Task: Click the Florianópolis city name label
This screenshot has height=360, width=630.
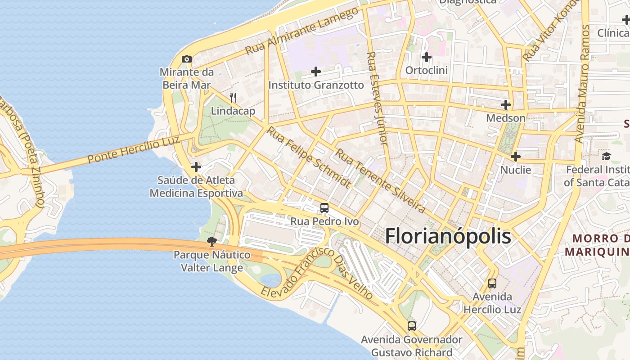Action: [448, 236]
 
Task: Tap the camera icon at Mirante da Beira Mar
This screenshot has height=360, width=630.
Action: [187, 59]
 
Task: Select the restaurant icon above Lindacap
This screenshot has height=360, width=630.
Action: [233, 97]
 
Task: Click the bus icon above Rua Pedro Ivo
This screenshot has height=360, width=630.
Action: [324, 208]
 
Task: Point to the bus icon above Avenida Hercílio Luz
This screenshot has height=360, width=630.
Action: [492, 283]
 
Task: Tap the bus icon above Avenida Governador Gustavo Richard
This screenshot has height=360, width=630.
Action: [412, 326]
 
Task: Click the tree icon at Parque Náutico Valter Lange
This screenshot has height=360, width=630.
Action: [211, 242]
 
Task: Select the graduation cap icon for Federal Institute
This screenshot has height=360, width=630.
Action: [607, 156]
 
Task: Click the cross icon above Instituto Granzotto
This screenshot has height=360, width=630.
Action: [316, 72]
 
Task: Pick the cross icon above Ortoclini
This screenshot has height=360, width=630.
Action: [426, 57]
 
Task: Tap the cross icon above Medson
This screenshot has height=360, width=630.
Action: [506, 105]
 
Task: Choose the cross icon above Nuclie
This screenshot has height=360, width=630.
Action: [516, 157]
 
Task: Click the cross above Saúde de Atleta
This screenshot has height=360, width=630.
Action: [196, 167]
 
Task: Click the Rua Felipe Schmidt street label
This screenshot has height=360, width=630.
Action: [309, 157]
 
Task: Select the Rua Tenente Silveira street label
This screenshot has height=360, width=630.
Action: [380, 181]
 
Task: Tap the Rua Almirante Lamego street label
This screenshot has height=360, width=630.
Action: [302, 31]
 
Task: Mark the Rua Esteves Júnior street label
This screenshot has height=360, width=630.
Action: [377, 98]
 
